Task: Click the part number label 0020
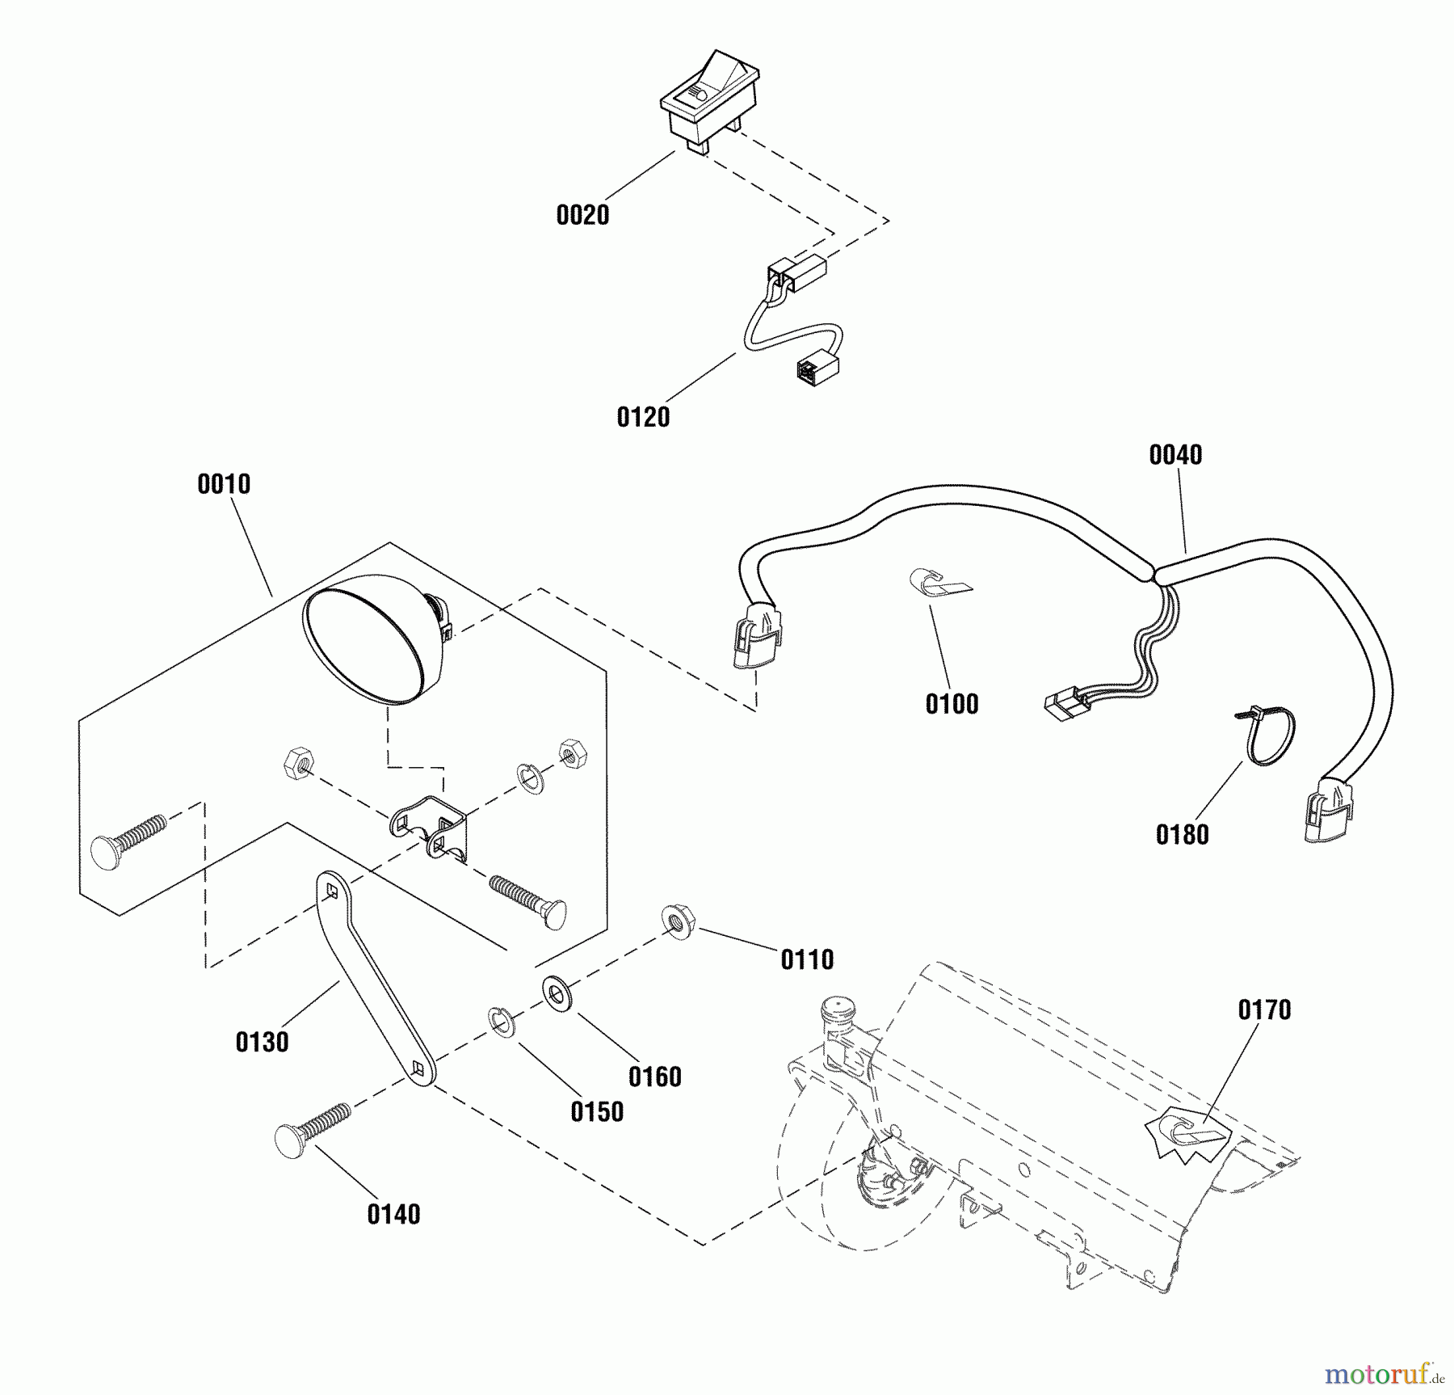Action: click(x=582, y=216)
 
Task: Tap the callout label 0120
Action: click(x=643, y=418)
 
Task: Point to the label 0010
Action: click(x=224, y=485)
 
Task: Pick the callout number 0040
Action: click(x=1175, y=456)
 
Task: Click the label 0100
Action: click(x=952, y=705)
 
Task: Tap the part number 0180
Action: click(x=1182, y=836)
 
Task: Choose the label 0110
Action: click(x=807, y=960)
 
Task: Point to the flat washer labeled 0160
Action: click(x=555, y=992)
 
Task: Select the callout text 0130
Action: click(x=262, y=1043)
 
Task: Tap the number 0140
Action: click(x=393, y=1215)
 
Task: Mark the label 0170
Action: click(x=1264, y=1010)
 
